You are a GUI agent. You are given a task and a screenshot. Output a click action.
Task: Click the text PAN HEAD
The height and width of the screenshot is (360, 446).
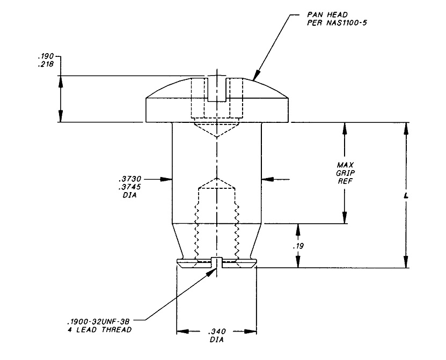point(327,14)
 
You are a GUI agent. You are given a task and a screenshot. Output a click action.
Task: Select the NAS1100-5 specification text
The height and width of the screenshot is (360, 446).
point(347,23)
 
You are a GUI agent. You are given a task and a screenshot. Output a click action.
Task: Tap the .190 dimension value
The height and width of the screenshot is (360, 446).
point(46,56)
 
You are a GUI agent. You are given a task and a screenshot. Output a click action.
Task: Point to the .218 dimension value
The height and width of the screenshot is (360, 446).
point(46,64)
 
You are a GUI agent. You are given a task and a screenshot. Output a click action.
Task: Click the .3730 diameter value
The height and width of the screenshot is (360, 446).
point(130,179)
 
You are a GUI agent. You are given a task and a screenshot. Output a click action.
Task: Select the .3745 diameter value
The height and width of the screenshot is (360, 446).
point(130,187)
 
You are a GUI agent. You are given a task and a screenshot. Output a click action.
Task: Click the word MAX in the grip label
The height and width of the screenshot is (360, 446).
point(345,165)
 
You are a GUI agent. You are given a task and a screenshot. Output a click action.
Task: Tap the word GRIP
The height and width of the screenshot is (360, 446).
point(345,173)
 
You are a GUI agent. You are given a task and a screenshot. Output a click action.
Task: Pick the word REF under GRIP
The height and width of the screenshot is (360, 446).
point(345,181)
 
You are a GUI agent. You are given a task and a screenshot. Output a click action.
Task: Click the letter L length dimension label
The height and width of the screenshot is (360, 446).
point(406,196)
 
